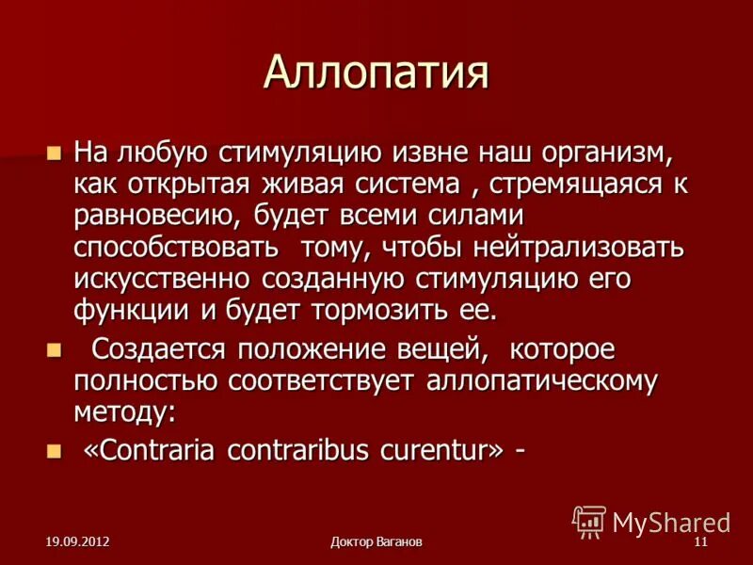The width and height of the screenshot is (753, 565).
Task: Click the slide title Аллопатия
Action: click(376, 73)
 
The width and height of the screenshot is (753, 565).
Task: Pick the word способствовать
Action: click(176, 247)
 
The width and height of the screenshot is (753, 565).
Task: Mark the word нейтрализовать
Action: click(580, 247)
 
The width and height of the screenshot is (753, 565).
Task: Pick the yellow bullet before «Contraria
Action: click(53, 450)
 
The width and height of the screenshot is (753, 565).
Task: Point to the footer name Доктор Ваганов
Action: click(376, 542)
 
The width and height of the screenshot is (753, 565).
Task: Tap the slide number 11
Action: click(699, 542)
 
